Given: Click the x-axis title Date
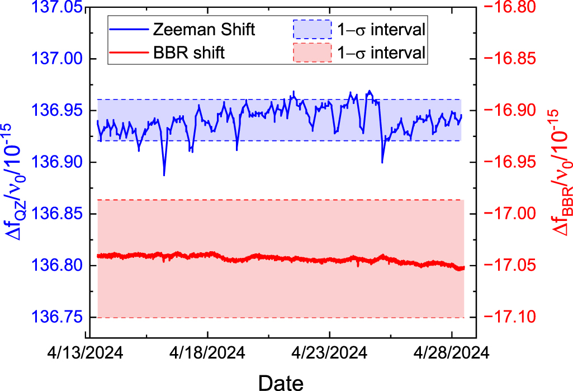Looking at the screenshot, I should [x=281, y=381].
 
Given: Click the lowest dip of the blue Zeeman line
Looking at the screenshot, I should [x=164, y=175].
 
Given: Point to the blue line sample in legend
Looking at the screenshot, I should [x=128, y=30].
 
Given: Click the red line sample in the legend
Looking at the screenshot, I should [x=128, y=54].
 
